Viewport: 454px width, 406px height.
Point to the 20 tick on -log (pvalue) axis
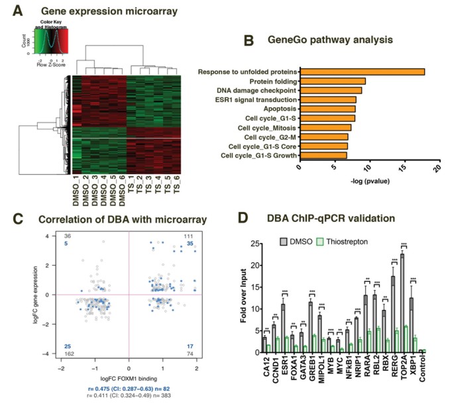coord(438,167)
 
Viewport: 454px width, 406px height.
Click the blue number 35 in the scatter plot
coord(190,244)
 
